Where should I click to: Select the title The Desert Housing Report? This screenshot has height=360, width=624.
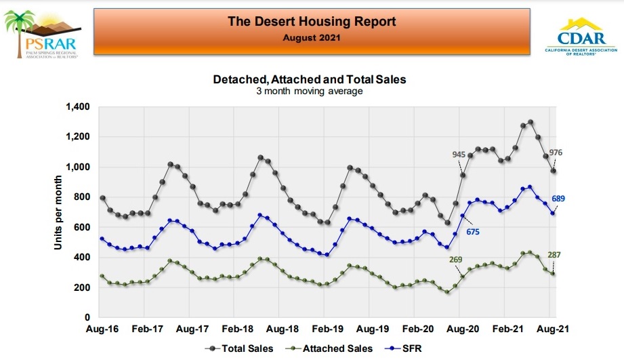click(x=312, y=21)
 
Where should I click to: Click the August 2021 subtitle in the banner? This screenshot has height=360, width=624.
click(x=312, y=37)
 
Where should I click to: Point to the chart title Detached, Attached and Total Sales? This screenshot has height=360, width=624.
click(x=310, y=79)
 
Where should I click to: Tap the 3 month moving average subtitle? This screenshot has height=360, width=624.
click(x=310, y=92)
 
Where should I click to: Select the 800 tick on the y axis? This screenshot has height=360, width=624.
click(x=81, y=197)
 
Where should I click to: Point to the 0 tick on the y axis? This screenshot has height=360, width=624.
click(x=87, y=317)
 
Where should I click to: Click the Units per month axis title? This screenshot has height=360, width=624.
click(x=59, y=212)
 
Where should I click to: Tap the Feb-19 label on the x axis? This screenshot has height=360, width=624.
click(x=329, y=329)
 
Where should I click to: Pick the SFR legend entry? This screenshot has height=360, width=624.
click(x=404, y=349)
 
